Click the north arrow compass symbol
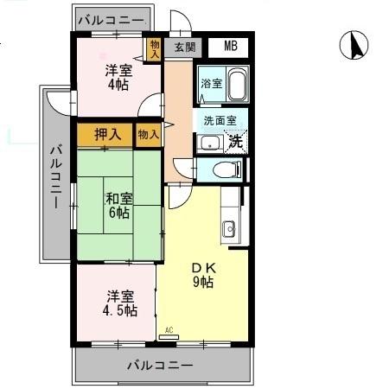tap(353, 46)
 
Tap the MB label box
tap(230, 47)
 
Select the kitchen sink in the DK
tap(229, 229)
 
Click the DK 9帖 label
tap(202, 275)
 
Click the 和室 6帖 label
tap(118, 205)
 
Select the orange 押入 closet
tap(106, 134)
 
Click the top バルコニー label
tap(112, 19)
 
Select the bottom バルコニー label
tap(161, 365)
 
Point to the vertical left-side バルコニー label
tap(56, 175)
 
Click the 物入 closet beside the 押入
tap(148, 134)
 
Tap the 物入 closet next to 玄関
tap(155, 48)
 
